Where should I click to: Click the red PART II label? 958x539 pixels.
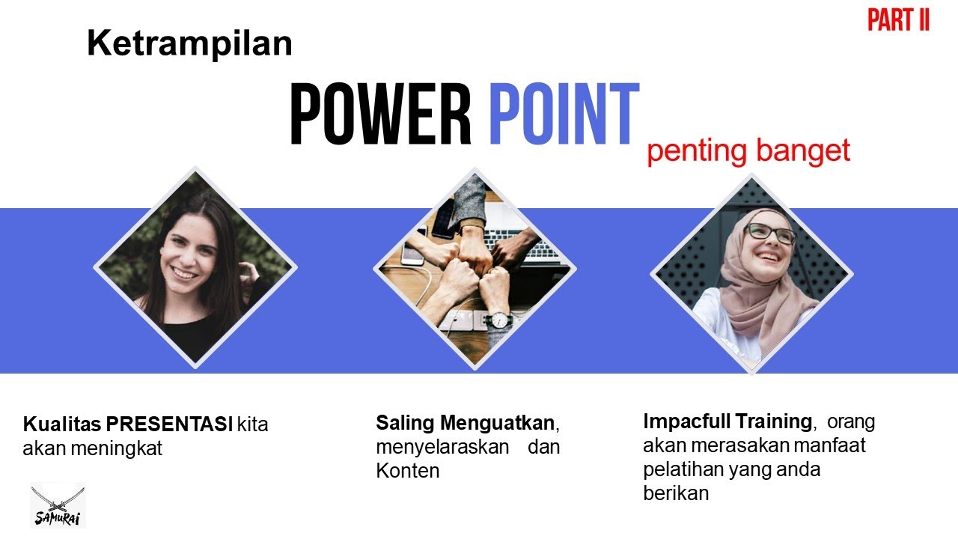pos(898,20)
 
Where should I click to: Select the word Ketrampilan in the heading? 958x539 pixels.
pos(189,44)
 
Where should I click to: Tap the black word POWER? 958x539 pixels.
pos(380,115)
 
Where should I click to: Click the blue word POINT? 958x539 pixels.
pos(564,115)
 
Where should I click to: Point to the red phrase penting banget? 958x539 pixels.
pos(748,151)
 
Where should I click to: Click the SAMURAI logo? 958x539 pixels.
pos(58,506)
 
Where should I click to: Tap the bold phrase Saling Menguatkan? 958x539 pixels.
pos(465,423)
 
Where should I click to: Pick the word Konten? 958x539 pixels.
pos(407,471)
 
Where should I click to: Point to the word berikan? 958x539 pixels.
pos(676,493)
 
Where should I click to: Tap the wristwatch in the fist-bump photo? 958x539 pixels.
pos(497,320)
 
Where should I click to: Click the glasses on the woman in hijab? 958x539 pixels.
pos(770,233)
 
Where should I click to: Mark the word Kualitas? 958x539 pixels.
pos(62,424)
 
